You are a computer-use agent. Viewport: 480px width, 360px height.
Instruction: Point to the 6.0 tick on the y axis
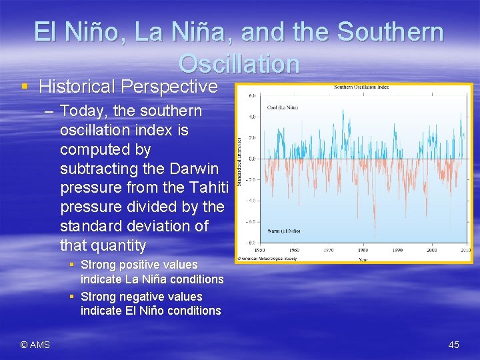252,96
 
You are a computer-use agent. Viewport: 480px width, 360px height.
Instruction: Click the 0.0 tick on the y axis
252,159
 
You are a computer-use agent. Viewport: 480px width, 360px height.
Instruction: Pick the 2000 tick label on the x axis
432,251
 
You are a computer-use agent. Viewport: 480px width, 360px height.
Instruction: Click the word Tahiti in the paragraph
207,187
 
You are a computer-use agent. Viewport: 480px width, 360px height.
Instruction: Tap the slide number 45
453,345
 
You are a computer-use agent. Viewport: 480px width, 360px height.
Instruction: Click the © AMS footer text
35,345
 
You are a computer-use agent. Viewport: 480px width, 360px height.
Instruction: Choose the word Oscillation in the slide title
239,64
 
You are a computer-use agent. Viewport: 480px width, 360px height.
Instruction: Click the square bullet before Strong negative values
72,296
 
